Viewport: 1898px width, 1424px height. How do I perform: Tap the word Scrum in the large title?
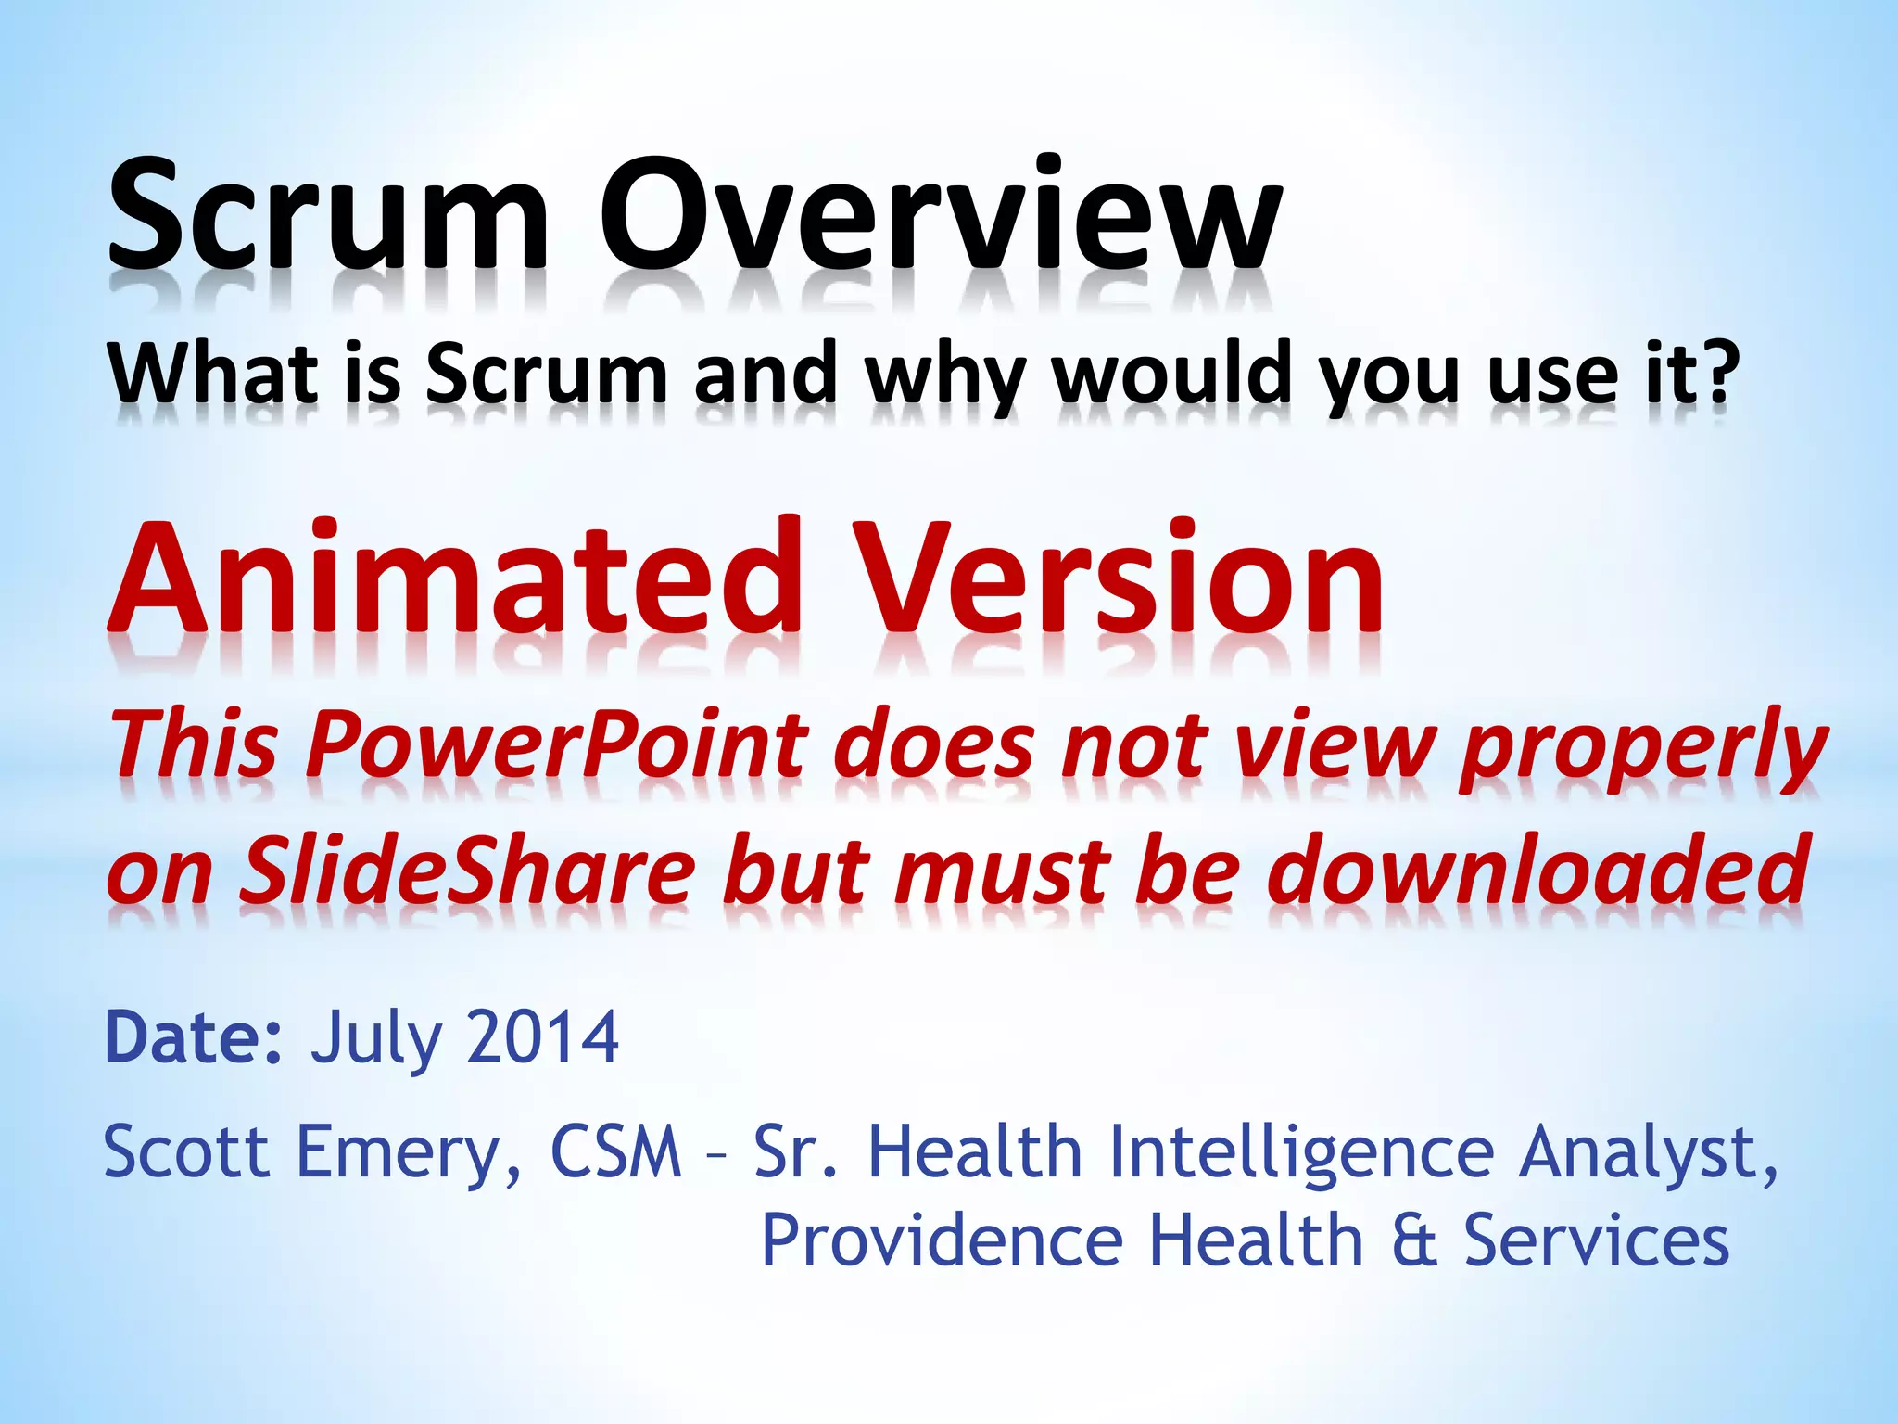click(x=329, y=215)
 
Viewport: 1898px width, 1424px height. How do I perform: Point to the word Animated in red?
click(x=454, y=579)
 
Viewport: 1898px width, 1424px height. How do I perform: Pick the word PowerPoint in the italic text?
click(x=556, y=744)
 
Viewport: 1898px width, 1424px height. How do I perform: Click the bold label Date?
click(x=194, y=1038)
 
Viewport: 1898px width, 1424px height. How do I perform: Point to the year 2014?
click(x=543, y=1038)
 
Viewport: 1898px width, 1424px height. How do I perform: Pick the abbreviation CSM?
click(x=616, y=1151)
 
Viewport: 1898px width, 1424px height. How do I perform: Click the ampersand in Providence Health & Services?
click(x=1414, y=1240)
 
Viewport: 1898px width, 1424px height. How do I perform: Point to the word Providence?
click(x=942, y=1240)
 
